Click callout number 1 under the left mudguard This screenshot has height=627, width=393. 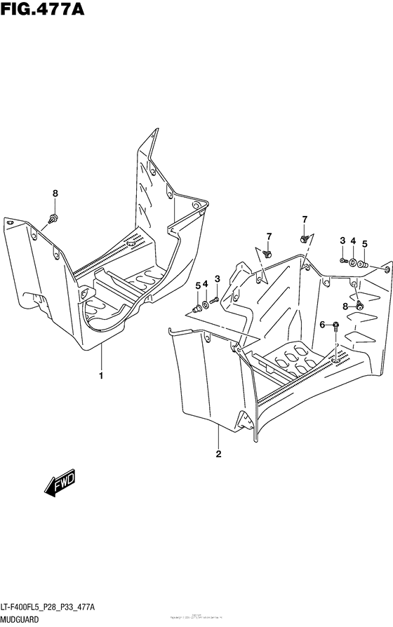[101, 375]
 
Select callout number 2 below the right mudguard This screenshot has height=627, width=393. [219, 454]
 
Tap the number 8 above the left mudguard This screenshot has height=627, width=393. [55, 194]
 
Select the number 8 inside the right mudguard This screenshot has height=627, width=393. [345, 306]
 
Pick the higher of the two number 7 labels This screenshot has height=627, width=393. [305, 220]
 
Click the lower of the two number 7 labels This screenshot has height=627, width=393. [268, 235]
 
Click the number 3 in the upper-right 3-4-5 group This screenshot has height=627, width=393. [342, 241]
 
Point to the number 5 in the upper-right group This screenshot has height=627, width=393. [364, 243]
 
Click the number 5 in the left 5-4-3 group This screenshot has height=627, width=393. [198, 285]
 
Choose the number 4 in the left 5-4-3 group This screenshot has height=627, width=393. [206, 283]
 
